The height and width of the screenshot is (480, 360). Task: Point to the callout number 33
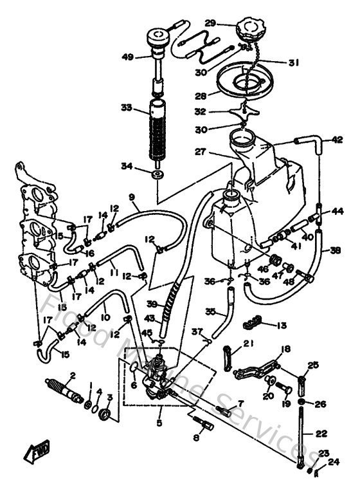(126, 107)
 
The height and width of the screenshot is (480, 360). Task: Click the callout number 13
(282, 326)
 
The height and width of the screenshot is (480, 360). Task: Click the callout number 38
(336, 251)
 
